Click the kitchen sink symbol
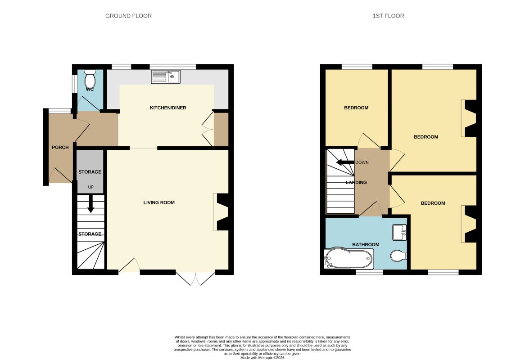pos(165,76)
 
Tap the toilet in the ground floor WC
pos(90,78)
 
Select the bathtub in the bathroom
pos(348,258)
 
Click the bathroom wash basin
pos(399,233)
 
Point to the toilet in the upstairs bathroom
pos(398,256)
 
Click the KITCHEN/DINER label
pos(168,108)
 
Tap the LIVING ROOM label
pos(159,202)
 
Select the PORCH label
pos(60,147)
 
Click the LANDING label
pos(356,182)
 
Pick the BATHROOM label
pos(366,244)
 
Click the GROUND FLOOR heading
pos(129,16)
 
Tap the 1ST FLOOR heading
pos(389,16)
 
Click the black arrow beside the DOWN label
pos(345,162)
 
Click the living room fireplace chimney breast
pos(223,212)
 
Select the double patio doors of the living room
pos(195,279)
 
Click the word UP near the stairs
pos(91,187)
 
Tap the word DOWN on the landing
pos(362,162)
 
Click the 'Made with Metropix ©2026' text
pos(262,358)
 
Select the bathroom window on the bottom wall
pos(369,272)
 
